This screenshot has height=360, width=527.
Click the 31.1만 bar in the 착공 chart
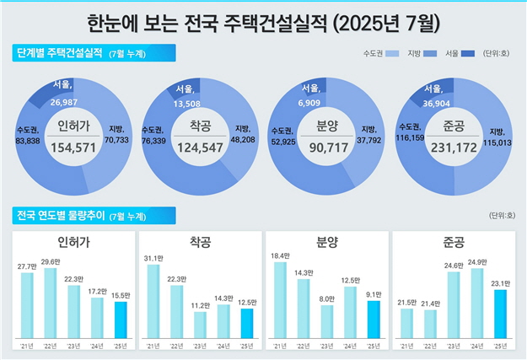(x=153, y=300)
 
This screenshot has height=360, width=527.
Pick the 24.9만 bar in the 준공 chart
(x=476, y=303)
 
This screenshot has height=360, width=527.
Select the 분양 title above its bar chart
(x=326, y=243)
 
